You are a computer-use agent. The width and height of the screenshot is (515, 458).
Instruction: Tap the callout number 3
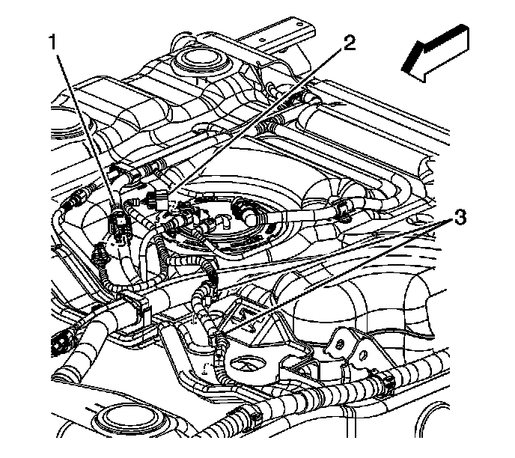[x=462, y=220]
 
